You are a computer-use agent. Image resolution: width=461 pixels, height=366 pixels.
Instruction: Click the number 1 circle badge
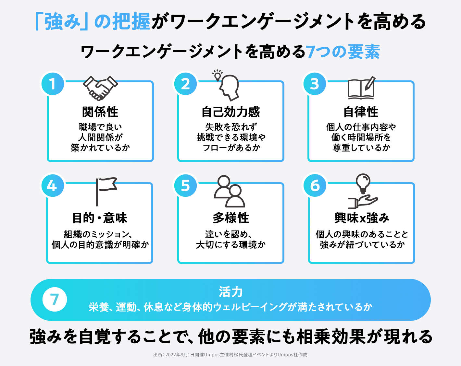pyautogui.click(x=53, y=84)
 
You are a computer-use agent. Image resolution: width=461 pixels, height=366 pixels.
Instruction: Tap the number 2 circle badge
pyautogui.click(x=185, y=84)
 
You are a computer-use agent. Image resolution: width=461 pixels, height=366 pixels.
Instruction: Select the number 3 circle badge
pyautogui.click(x=315, y=84)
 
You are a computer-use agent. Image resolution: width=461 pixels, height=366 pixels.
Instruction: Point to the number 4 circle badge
pyautogui.click(x=53, y=185)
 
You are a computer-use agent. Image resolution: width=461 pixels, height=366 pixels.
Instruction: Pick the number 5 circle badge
pyautogui.click(x=185, y=185)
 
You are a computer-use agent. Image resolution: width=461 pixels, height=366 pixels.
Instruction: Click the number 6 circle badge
pyautogui.click(x=315, y=185)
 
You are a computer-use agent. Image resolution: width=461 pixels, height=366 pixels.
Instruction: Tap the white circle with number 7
pyautogui.click(x=55, y=299)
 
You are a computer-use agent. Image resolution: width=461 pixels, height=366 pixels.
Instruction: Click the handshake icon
pyautogui.click(x=100, y=88)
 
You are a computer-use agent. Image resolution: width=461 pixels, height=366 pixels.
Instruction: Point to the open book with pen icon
pyautogui.click(x=361, y=88)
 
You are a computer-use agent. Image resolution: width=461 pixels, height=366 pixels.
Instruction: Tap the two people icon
pyautogui.click(x=230, y=191)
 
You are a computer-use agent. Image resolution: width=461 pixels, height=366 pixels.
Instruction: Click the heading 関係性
pyautogui.click(x=100, y=112)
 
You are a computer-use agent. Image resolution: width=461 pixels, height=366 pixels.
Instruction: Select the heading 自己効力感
pyautogui.click(x=231, y=112)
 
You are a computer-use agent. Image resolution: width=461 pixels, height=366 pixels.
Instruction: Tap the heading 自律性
pyautogui.click(x=361, y=112)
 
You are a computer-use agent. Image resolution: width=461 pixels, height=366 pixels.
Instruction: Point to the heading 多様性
pyautogui.click(x=231, y=218)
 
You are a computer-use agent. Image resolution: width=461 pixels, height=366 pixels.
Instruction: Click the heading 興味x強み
pyautogui.click(x=362, y=218)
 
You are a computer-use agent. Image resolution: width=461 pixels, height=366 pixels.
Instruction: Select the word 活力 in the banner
pyautogui.click(x=230, y=292)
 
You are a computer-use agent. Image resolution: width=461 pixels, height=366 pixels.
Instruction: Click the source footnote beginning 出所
pyautogui.click(x=230, y=355)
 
